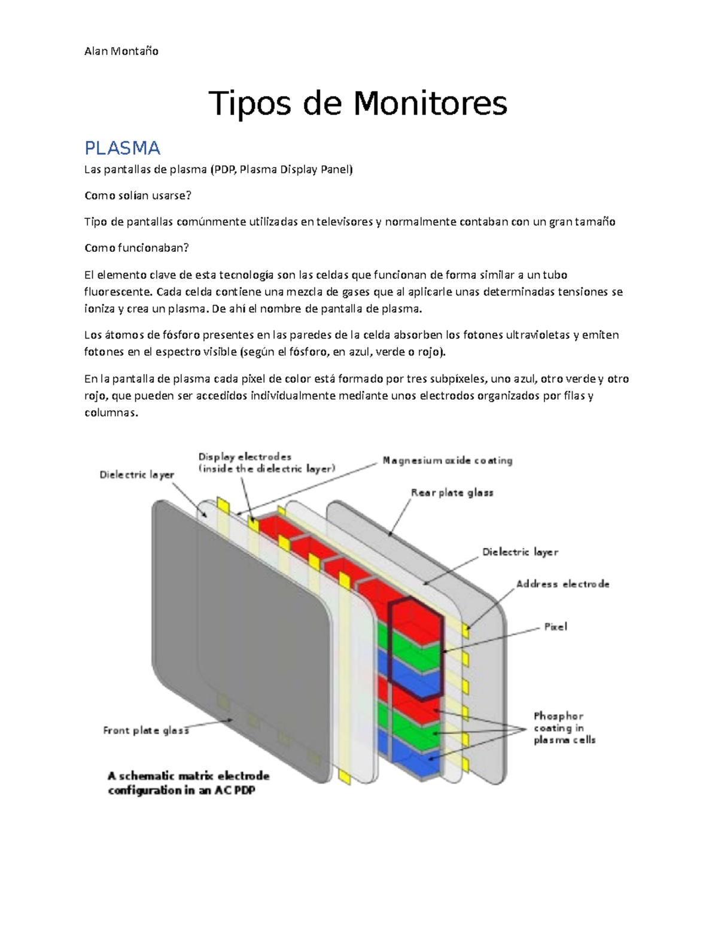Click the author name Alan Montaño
click(x=121, y=51)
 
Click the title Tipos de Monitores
click(x=357, y=103)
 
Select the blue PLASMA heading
click(x=122, y=148)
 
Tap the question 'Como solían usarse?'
click(x=138, y=196)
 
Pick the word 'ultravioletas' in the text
click(x=538, y=334)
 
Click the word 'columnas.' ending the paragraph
click(x=111, y=413)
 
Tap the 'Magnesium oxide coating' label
click(x=448, y=461)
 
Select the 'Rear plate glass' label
click(x=452, y=493)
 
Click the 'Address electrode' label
click(x=562, y=584)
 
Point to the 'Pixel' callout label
click(x=555, y=627)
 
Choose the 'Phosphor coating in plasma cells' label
click(x=564, y=728)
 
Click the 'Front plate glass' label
click(x=146, y=730)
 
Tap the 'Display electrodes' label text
click(x=245, y=457)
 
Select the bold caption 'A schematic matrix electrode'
click(x=188, y=776)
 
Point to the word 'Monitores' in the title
click(x=430, y=103)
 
